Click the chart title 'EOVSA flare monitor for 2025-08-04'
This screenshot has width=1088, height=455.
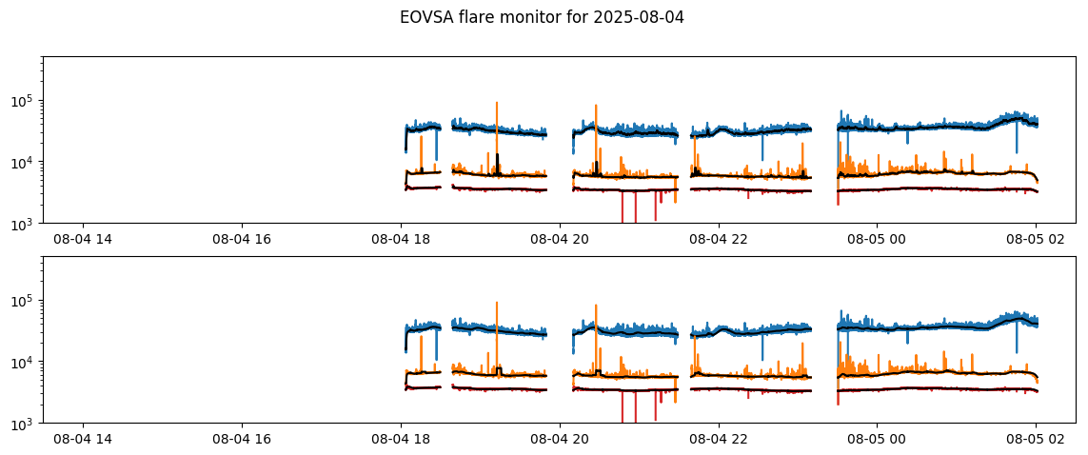click(542, 17)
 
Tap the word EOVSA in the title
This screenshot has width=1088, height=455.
click(425, 17)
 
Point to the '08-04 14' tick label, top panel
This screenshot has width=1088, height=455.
click(83, 238)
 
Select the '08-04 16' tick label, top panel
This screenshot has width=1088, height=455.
click(242, 238)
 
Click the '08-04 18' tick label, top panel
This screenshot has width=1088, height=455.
click(401, 238)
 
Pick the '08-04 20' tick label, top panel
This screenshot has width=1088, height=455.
click(560, 238)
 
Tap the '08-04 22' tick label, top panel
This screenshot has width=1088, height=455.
click(719, 238)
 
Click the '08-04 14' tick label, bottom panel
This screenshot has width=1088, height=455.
click(83, 438)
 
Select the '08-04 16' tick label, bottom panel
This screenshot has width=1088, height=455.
click(242, 438)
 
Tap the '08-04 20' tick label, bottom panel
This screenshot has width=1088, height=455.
click(560, 438)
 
